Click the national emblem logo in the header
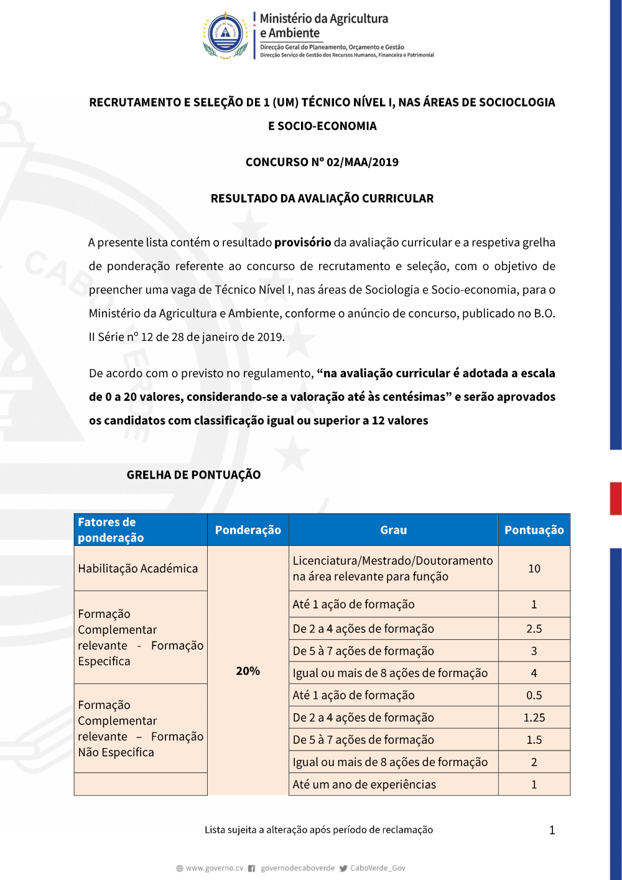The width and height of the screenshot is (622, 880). pos(225,34)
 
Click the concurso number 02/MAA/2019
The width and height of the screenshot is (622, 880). pos(363,162)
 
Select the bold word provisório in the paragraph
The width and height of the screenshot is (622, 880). pos(302,243)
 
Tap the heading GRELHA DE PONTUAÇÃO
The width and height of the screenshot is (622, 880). pos(193,475)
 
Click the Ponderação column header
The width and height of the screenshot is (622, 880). pos(248,530)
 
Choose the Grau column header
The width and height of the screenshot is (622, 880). pos(393,530)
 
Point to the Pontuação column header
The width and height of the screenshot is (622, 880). pos(534,530)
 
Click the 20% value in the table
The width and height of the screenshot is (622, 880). pos(248,671)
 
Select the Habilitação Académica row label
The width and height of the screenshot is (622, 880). pos(138,568)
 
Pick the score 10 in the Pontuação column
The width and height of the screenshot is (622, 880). pos(534,568)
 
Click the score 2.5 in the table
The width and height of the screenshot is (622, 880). pos(534,629)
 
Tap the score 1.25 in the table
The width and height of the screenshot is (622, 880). pos(534,718)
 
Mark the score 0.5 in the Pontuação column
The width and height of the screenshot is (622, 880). pos(534,695)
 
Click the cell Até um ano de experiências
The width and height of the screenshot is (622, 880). pos(364,785)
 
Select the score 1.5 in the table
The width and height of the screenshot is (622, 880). pos(534,740)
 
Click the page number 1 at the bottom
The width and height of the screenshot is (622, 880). pos(552,830)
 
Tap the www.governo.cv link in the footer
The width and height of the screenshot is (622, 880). pos(214,868)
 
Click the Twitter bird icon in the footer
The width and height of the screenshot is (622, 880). pos(343,868)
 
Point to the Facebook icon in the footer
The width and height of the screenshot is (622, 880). pos(252,868)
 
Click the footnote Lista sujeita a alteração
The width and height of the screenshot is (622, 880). pos(318,830)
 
